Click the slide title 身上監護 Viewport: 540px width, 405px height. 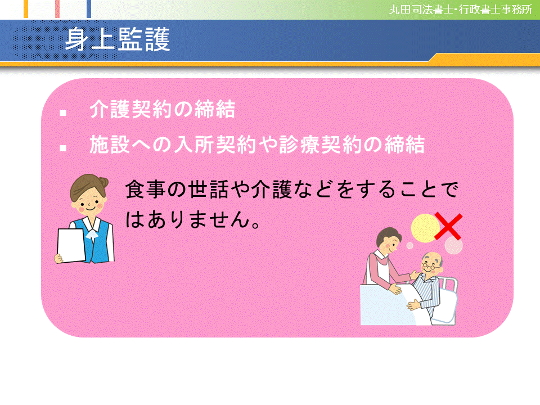click(x=118, y=40)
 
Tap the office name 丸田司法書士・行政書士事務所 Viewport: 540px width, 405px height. click(x=461, y=10)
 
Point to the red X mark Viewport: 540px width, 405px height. click(x=448, y=227)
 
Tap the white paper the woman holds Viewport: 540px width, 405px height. click(x=72, y=245)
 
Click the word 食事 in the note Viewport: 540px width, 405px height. click(x=141, y=190)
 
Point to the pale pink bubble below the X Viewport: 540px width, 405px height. click(x=453, y=245)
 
